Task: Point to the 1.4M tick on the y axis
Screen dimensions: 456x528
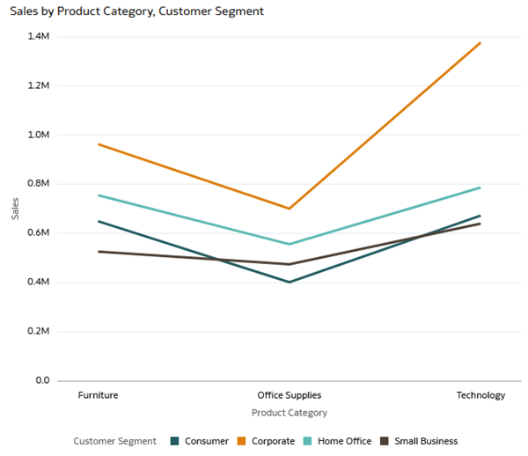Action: click(x=39, y=36)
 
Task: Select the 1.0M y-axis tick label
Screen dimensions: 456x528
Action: click(x=39, y=135)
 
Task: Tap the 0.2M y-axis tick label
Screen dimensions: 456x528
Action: click(x=39, y=332)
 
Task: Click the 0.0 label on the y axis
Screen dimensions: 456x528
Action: click(x=42, y=381)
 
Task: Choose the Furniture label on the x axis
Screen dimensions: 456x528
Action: click(x=98, y=395)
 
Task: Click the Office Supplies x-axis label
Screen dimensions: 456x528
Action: click(x=289, y=395)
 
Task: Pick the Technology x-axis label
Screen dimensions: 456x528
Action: click(x=480, y=395)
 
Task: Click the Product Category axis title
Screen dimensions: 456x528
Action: click(x=289, y=412)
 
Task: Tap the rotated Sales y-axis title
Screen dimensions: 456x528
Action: click(x=15, y=210)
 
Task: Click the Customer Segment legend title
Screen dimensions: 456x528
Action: click(x=114, y=441)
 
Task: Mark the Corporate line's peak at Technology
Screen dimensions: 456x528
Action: click(x=480, y=42)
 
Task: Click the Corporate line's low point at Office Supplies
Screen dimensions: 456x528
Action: click(x=289, y=209)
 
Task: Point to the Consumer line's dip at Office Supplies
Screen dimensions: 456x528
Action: click(x=289, y=283)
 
